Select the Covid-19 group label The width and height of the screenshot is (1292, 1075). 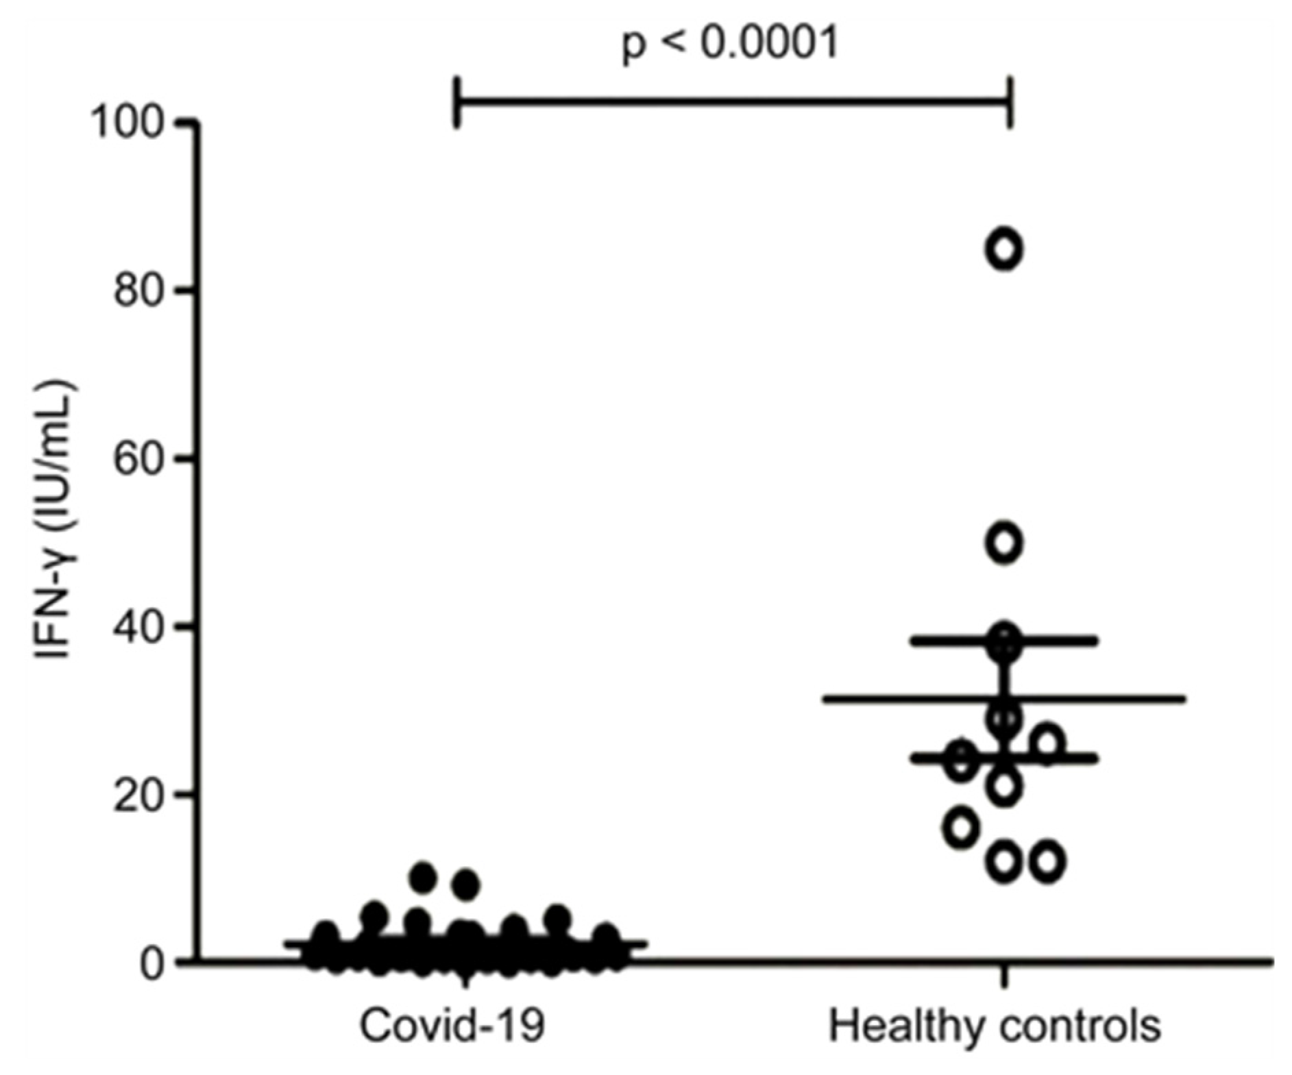453,1026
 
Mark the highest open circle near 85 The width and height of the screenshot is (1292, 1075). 1004,249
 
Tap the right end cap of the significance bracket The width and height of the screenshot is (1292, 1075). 1009,102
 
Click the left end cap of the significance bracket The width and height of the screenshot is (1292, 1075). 457,102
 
